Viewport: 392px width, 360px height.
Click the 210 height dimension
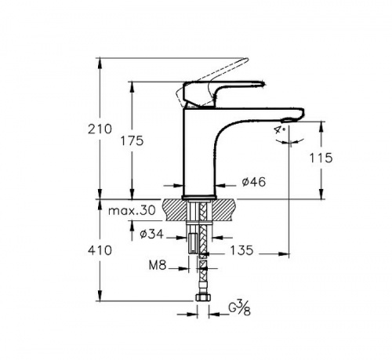[100, 129]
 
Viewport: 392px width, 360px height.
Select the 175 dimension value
[132, 141]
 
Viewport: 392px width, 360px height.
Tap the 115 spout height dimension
[321, 158]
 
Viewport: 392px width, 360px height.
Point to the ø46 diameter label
[253, 182]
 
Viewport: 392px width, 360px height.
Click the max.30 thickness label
[132, 210]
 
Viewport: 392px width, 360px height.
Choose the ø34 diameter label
[151, 234]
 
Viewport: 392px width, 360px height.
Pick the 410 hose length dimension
[100, 250]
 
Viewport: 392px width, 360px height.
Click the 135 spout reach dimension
[241, 250]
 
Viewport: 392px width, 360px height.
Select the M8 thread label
[158, 265]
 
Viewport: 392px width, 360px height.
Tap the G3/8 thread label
[240, 308]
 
